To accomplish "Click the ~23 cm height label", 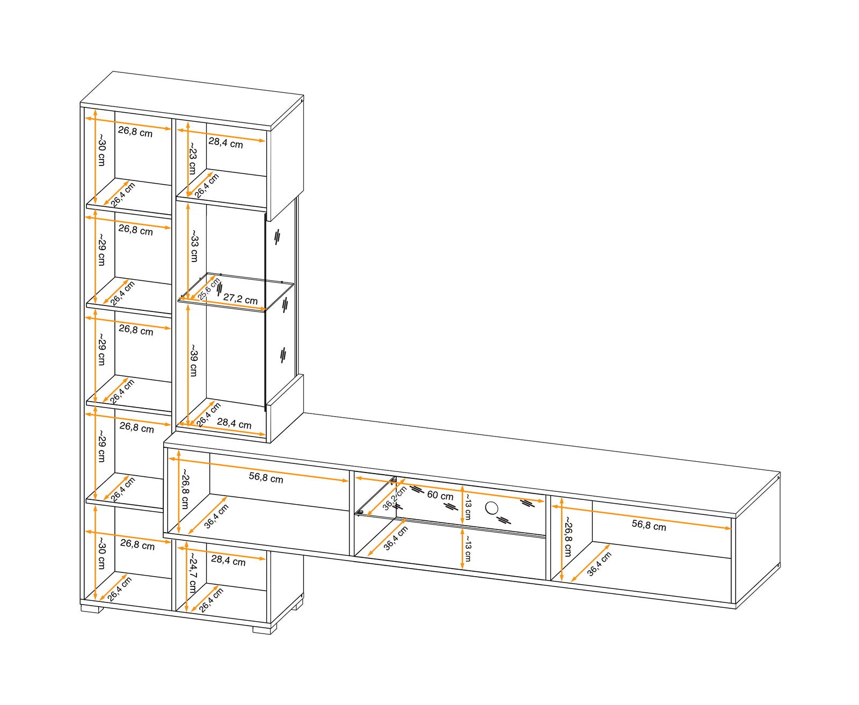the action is point(192,158).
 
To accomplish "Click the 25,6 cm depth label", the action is point(209,289).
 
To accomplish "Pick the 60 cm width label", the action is point(440,496).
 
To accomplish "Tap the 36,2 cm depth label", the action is point(395,498).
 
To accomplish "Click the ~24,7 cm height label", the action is point(192,572).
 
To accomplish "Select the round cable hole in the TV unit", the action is point(492,507).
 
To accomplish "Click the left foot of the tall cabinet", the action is point(92,609).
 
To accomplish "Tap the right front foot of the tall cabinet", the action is point(264,629).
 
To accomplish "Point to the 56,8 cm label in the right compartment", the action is point(649,525).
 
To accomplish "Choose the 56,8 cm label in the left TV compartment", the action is point(266,478).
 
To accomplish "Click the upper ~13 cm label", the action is point(468,506).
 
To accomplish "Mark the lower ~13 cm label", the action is point(467,548).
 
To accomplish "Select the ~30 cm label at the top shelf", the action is point(102,150).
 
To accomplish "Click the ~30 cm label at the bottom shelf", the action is point(102,554).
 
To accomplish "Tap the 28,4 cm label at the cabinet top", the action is point(225,143).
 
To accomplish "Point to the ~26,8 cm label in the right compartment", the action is point(567,537).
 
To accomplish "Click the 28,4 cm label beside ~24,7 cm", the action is point(228,561).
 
